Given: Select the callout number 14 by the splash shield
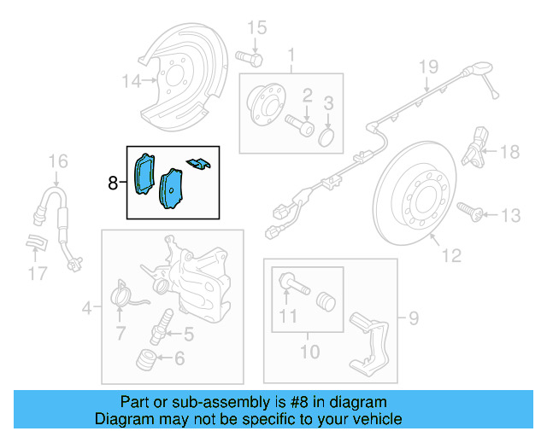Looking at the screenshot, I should click(131, 82).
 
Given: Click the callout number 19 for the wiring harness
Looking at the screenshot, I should click(427, 67).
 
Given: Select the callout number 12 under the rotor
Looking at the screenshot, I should click(451, 254).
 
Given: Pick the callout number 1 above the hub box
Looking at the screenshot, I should click(291, 56).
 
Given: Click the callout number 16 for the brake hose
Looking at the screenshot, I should click(57, 160).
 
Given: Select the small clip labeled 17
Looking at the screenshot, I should click(35, 242).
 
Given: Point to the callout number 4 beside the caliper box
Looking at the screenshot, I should click(88, 306).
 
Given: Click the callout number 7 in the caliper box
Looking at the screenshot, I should click(121, 331).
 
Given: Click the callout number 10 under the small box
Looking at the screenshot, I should click(309, 352).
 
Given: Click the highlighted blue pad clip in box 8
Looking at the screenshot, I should click(198, 162).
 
